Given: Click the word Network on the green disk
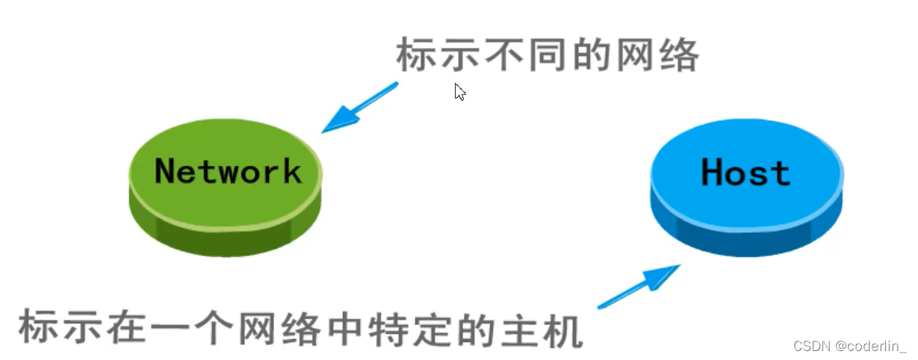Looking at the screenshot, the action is coord(228,171).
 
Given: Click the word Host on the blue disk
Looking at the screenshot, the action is coord(745,173).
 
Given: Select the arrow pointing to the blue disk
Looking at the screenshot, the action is coord(639,286).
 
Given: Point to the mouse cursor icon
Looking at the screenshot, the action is coord(459,92).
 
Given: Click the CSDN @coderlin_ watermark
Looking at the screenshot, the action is coord(849,347).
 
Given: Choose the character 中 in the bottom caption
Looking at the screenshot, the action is coord(348,330).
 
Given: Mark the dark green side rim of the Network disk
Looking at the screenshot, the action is coord(224,238).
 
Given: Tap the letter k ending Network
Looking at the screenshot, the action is coord(291,171).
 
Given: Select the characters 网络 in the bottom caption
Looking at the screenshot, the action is coord(289,330).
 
